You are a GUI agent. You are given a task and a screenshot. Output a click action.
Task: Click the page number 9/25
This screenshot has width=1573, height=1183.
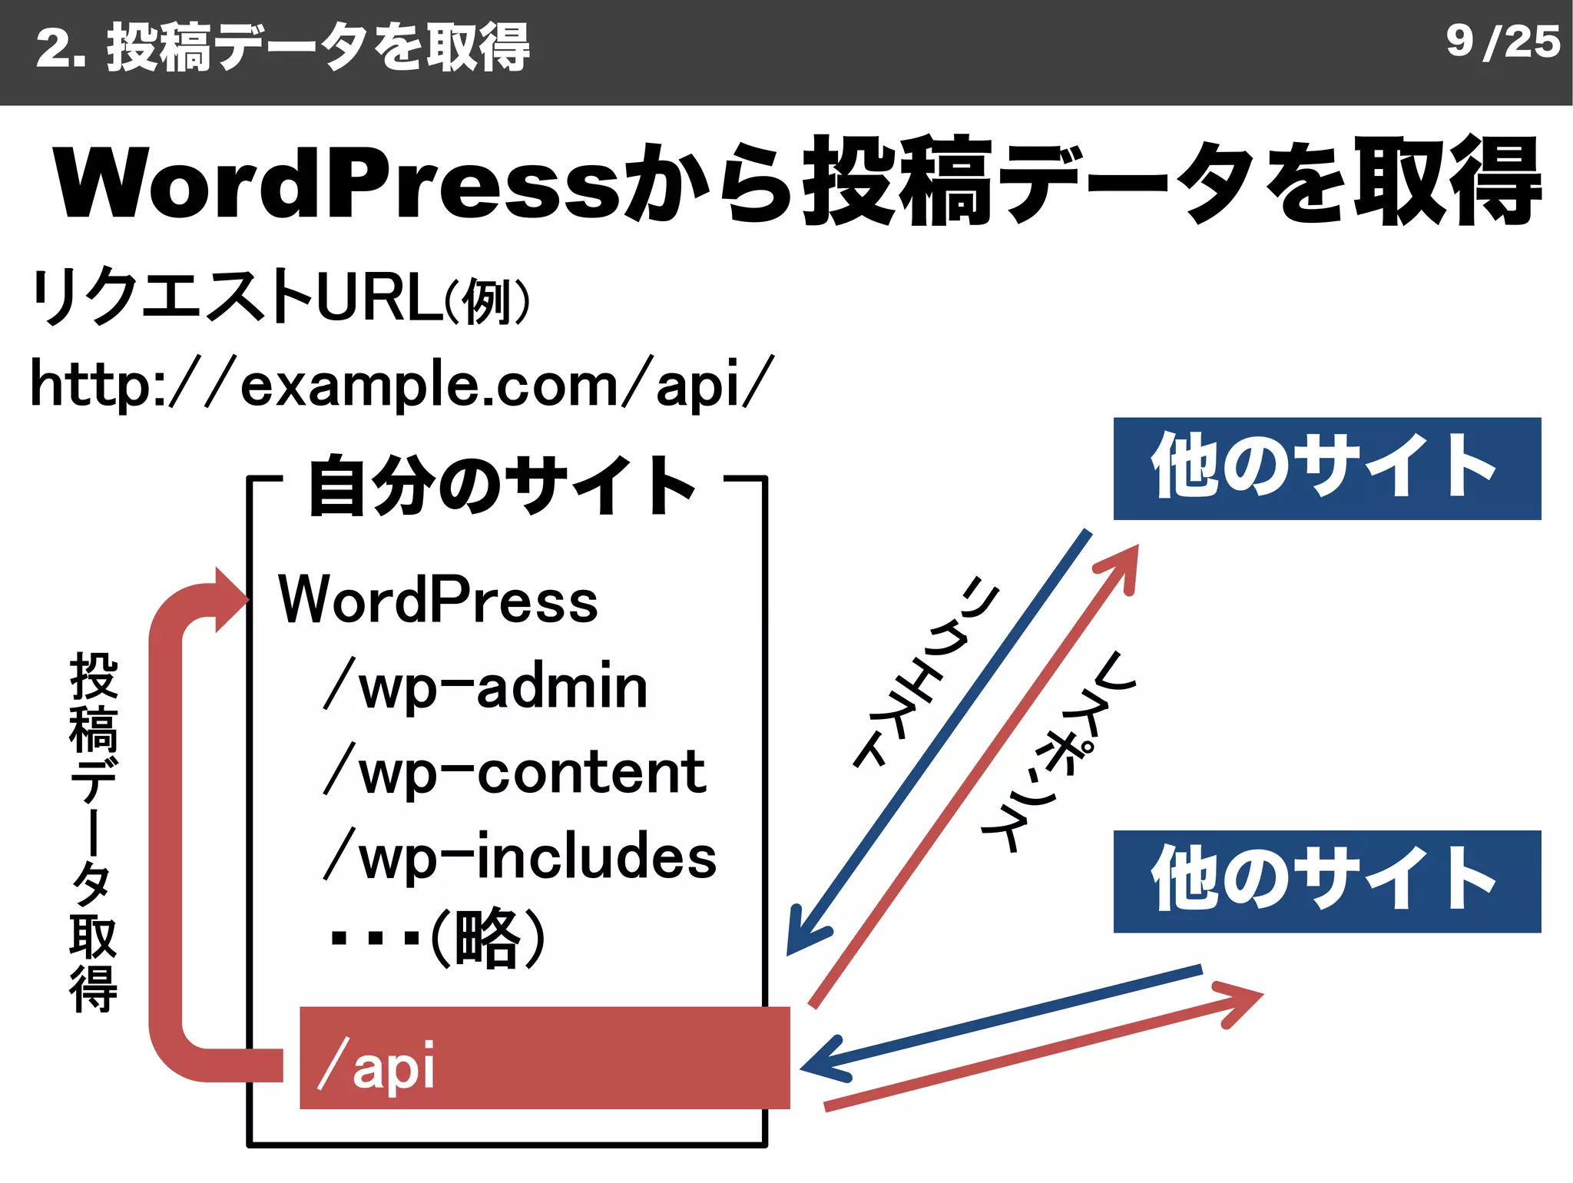1502,41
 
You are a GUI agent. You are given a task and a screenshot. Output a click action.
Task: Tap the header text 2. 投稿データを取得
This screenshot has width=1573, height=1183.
283,48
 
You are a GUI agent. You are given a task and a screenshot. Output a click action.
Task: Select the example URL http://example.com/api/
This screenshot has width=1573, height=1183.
401,383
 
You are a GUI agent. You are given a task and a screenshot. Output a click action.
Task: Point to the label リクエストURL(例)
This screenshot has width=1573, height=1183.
280,297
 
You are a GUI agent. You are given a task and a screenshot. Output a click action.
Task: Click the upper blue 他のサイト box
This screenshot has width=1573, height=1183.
1326,469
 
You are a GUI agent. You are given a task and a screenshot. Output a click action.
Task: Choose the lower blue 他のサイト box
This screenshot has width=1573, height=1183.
1326,881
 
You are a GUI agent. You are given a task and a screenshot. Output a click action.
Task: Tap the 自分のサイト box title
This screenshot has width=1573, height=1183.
503,485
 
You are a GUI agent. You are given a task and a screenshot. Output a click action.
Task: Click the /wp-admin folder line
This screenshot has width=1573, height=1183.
485,686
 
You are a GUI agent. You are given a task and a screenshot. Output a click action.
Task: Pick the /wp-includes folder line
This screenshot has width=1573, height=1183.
519,857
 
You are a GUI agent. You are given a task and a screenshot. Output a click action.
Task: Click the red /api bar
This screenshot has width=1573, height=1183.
544,1058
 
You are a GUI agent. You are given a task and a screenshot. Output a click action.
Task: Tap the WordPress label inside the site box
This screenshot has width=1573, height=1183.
438,600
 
